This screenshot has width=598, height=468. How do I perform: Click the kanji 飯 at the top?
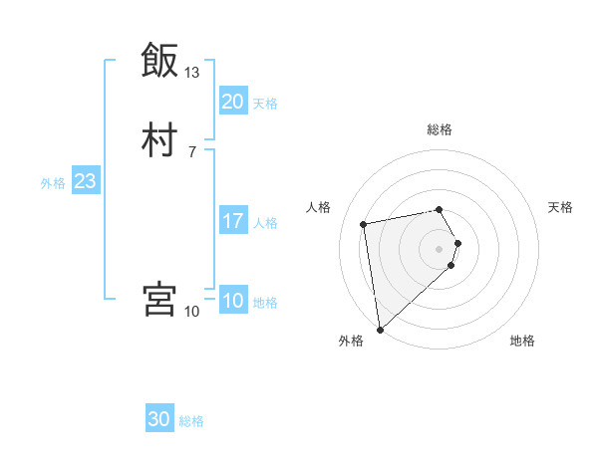pyautogui.click(x=159, y=61)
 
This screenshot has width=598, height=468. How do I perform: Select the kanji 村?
pyautogui.click(x=159, y=140)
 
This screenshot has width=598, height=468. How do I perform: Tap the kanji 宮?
pyautogui.click(x=159, y=300)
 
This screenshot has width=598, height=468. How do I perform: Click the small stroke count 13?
pyautogui.click(x=191, y=73)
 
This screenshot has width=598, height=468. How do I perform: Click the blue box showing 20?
pyautogui.click(x=232, y=102)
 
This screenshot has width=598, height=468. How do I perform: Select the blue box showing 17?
pyautogui.click(x=232, y=221)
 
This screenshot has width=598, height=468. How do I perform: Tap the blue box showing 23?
pyautogui.click(x=85, y=181)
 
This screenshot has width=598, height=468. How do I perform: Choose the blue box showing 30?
pyautogui.click(x=159, y=420)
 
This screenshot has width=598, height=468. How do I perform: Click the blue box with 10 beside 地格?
pyautogui.click(x=232, y=301)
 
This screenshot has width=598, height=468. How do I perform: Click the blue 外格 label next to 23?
pyautogui.click(x=53, y=183)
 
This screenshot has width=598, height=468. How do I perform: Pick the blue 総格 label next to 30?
pyautogui.click(x=191, y=422)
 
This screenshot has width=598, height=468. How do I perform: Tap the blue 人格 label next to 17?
pyautogui.click(x=265, y=223)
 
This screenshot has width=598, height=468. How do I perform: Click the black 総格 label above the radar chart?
pyautogui.click(x=439, y=129)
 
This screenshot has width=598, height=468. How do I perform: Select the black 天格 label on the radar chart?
pyautogui.click(x=560, y=207)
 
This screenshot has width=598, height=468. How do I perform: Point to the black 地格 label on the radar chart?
pyautogui.click(x=522, y=341)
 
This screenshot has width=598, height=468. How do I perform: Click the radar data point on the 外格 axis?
pyautogui.click(x=379, y=329)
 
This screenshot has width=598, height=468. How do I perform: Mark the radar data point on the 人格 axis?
pyautogui.click(x=364, y=223)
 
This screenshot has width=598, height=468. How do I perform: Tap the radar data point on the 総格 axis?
pyautogui.click(x=439, y=209)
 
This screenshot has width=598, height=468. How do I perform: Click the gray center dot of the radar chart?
pyautogui.click(x=439, y=248)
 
